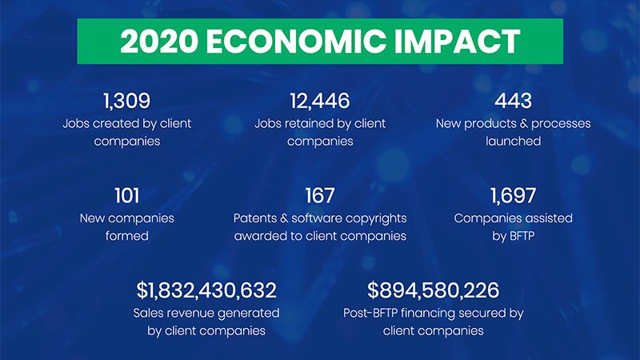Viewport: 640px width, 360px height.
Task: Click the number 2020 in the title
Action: pyautogui.click(x=159, y=42)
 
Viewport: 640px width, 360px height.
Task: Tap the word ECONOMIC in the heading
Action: pyautogui.click(x=296, y=42)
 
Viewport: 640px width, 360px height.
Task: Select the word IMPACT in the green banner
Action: pyautogui.click(x=457, y=42)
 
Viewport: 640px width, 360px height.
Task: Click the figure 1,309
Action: pyautogui.click(x=127, y=101)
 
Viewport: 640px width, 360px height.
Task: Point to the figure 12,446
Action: pyautogui.click(x=320, y=101)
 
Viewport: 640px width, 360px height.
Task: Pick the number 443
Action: pyautogui.click(x=513, y=101)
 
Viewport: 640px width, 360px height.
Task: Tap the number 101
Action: pyautogui.click(x=127, y=195)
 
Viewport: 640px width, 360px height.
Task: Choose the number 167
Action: pyautogui.click(x=320, y=195)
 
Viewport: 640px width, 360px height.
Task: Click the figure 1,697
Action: pyautogui.click(x=513, y=195)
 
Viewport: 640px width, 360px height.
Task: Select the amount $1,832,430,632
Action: pyautogui.click(x=206, y=290)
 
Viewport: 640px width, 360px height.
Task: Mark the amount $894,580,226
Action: pyautogui.click(x=433, y=290)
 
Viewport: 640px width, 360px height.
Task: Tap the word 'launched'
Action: pyautogui.click(x=513, y=142)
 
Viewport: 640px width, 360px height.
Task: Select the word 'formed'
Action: pyautogui.click(x=127, y=236)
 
